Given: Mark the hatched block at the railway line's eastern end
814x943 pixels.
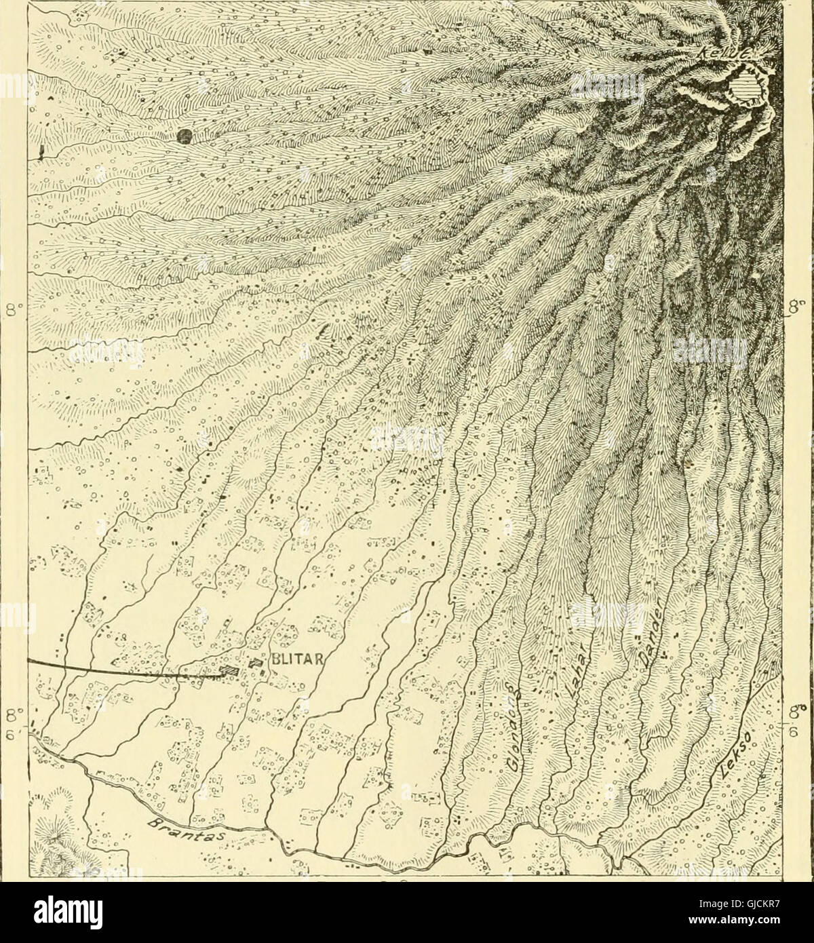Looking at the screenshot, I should (229, 670).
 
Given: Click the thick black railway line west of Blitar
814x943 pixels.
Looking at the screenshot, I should (102, 666).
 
